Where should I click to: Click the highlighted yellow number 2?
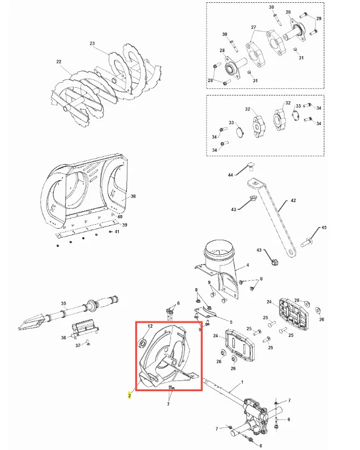click(130, 396)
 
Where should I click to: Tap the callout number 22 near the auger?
click(59, 62)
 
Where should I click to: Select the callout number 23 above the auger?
click(92, 44)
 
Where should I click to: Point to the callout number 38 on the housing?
click(133, 196)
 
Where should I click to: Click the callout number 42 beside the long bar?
click(293, 200)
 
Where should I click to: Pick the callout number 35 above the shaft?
click(63, 303)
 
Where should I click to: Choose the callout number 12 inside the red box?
click(150, 326)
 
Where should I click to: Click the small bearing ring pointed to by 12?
click(143, 342)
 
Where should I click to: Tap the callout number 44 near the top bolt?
click(230, 175)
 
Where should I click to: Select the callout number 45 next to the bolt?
click(324, 228)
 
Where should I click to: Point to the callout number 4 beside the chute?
click(248, 265)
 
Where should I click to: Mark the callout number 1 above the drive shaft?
click(242, 382)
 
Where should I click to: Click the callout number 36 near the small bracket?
click(63, 337)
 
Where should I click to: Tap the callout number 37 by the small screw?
click(78, 345)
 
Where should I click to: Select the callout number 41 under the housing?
click(117, 232)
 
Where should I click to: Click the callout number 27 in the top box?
click(253, 27)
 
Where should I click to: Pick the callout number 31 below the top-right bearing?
click(301, 58)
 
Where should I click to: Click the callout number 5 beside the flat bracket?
click(231, 322)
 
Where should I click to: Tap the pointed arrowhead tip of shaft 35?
click(18, 328)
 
